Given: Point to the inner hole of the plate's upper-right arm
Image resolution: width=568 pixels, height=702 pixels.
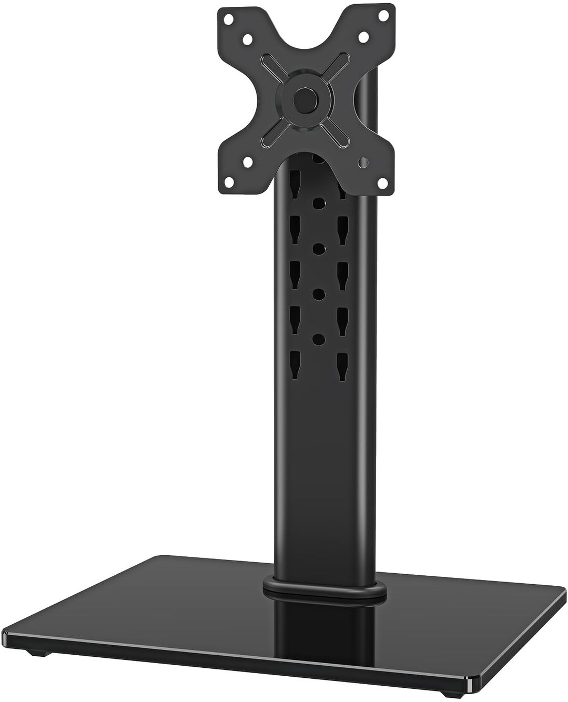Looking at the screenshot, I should click(362, 38).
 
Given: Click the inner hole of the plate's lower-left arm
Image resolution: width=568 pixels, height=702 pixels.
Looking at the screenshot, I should click(246, 162).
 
